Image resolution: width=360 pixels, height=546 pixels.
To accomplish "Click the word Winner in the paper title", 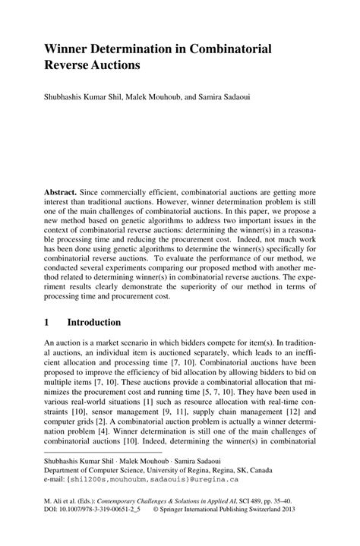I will coord(68,48).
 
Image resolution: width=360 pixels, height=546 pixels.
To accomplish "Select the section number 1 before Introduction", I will coord(47,322).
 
